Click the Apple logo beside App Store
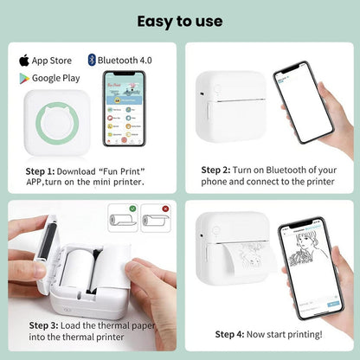23,60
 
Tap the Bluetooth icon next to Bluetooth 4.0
91,60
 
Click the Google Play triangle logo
23,78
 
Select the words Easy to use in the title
179,20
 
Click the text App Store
54,60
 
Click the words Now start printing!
289,334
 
